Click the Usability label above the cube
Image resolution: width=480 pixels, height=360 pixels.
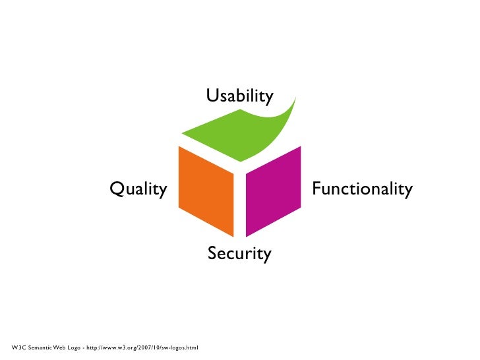coord(239,96)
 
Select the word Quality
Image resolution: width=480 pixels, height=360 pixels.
coord(138,189)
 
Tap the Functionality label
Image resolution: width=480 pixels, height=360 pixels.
coord(362,189)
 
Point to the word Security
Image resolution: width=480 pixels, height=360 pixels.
coord(239,253)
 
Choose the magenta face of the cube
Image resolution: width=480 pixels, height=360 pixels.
coord(272,191)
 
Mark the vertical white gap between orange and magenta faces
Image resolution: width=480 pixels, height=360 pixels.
coord(240,204)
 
